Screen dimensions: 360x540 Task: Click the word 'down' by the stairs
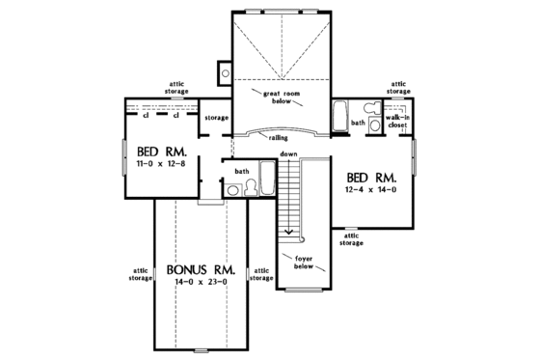tap(287, 154)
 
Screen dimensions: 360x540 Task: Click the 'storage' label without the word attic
tap(217, 118)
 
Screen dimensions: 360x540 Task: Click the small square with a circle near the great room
tap(224, 70)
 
